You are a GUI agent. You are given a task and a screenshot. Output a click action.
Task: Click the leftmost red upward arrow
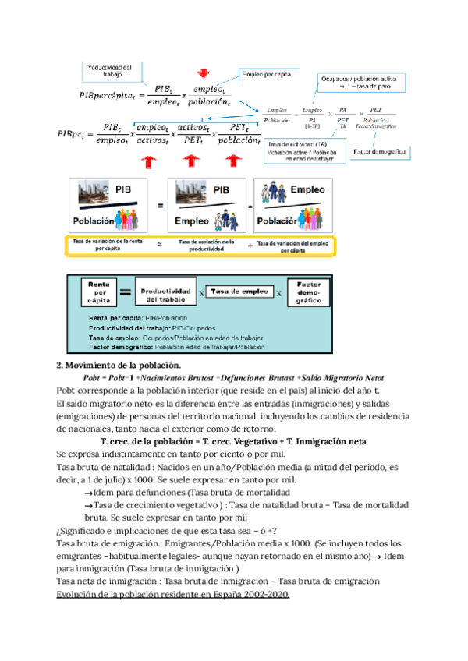pyautogui.click(x=147, y=162)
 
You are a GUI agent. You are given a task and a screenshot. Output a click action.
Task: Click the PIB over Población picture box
pyautogui.click(x=115, y=204)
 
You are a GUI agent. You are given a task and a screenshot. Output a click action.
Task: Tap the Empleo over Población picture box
pyautogui.click(x=293, y=204)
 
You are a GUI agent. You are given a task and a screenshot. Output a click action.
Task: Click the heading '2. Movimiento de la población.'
pyautogui.click(x=119, y=366)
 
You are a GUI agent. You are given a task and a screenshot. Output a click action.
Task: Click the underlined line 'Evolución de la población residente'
pyautogui.click(x=174, y=595)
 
